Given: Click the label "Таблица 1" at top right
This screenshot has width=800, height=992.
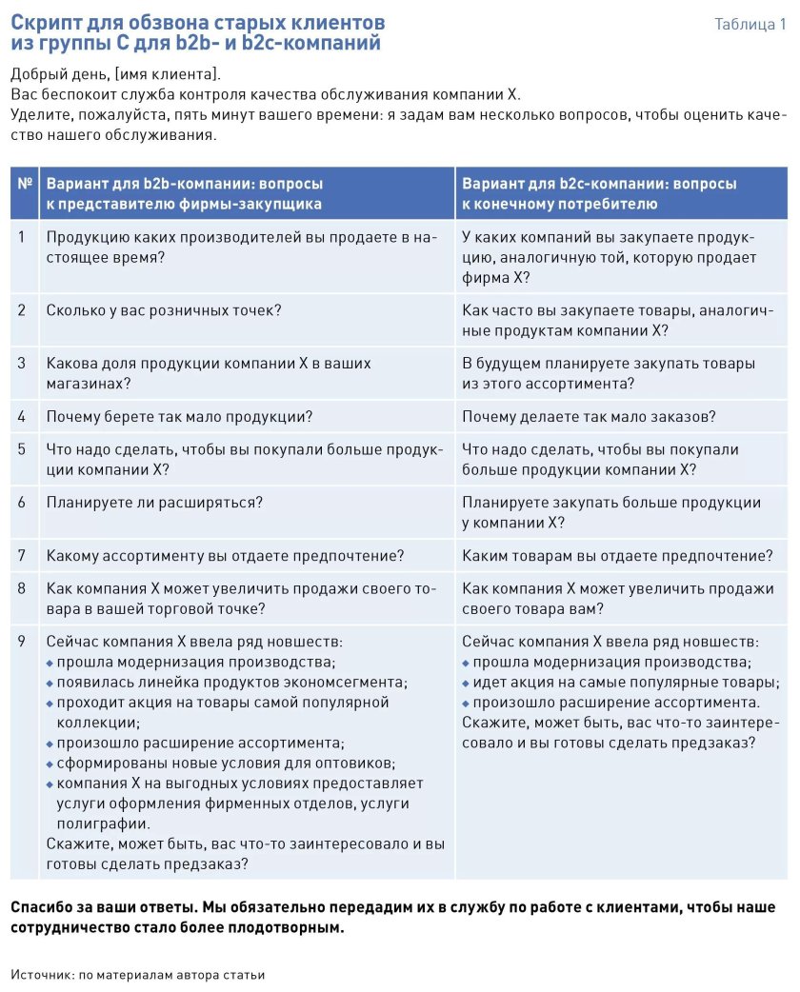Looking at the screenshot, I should (750, 25).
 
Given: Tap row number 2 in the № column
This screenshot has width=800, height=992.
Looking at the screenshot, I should (22, 309).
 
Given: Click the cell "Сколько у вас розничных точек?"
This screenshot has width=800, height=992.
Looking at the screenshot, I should (164, 309).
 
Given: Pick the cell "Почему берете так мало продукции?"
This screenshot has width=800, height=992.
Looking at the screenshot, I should (179, 416).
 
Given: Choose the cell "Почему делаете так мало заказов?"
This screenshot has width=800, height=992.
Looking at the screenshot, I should (589, 416).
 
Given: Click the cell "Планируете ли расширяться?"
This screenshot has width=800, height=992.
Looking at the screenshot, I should (154, 502).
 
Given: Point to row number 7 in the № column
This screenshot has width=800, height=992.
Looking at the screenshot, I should (22, 555).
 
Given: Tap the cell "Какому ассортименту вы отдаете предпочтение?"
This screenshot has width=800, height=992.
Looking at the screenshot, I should (225, 555).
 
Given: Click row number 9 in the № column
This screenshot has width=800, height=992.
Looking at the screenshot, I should (22, 642).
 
